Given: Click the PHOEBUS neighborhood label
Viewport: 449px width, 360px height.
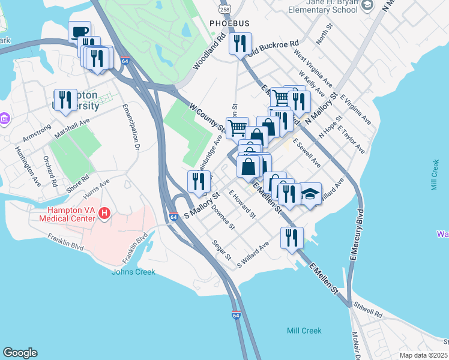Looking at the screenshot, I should click(228, 23).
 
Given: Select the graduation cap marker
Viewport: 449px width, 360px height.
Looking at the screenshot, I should click(310, 194).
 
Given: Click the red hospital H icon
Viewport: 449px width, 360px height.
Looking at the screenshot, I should click(104, 213).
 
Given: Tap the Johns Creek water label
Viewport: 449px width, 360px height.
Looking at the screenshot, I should click(133, 272).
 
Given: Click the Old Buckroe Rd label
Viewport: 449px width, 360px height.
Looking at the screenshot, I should click(275, 47).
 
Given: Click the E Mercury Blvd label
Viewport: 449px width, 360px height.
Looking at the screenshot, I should click(358, 234).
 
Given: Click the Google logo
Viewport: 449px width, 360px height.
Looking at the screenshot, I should click(20, 353).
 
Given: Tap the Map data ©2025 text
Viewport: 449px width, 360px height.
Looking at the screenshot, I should click(423, 355).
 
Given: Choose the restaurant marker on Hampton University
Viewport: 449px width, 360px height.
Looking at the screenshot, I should click(64, 100).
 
